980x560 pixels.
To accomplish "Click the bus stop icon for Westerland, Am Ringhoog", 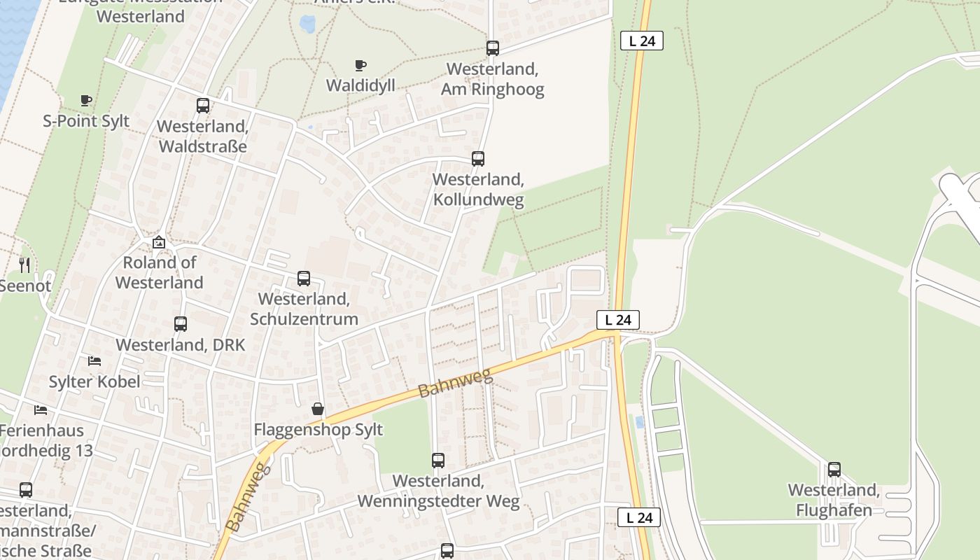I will tap(493, 48).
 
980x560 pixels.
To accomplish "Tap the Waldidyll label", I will tap(360, 85).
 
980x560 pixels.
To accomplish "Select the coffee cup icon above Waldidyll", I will tap(360, 66).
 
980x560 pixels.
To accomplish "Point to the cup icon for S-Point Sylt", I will tap(86, 101).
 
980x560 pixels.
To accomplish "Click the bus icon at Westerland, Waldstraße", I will tap(203, 106).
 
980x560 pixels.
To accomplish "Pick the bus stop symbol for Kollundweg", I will tap(478, 159).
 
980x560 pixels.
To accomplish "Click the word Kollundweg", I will tap(478, 199).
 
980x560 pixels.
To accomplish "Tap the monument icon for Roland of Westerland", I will tap(159, 242).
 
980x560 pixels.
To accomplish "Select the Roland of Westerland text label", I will tap(160, 272).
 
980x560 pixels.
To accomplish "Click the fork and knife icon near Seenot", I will tap(24, 265).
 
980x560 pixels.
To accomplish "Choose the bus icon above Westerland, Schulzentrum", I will tap(304, 279).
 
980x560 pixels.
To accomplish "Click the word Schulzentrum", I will tap(304, 319).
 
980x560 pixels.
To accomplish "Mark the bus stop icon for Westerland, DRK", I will tap(181, 324).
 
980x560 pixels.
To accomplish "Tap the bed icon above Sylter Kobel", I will tap(94, 361).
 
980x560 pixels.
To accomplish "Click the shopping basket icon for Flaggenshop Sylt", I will tap(318, 409).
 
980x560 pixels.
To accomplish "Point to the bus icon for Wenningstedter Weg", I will tap(438, 461).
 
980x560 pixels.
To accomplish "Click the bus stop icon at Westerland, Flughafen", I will tap(834, 470).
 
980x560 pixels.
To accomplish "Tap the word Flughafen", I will tap(834, 510).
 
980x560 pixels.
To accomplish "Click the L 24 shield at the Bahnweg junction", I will tap(618, 320).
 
